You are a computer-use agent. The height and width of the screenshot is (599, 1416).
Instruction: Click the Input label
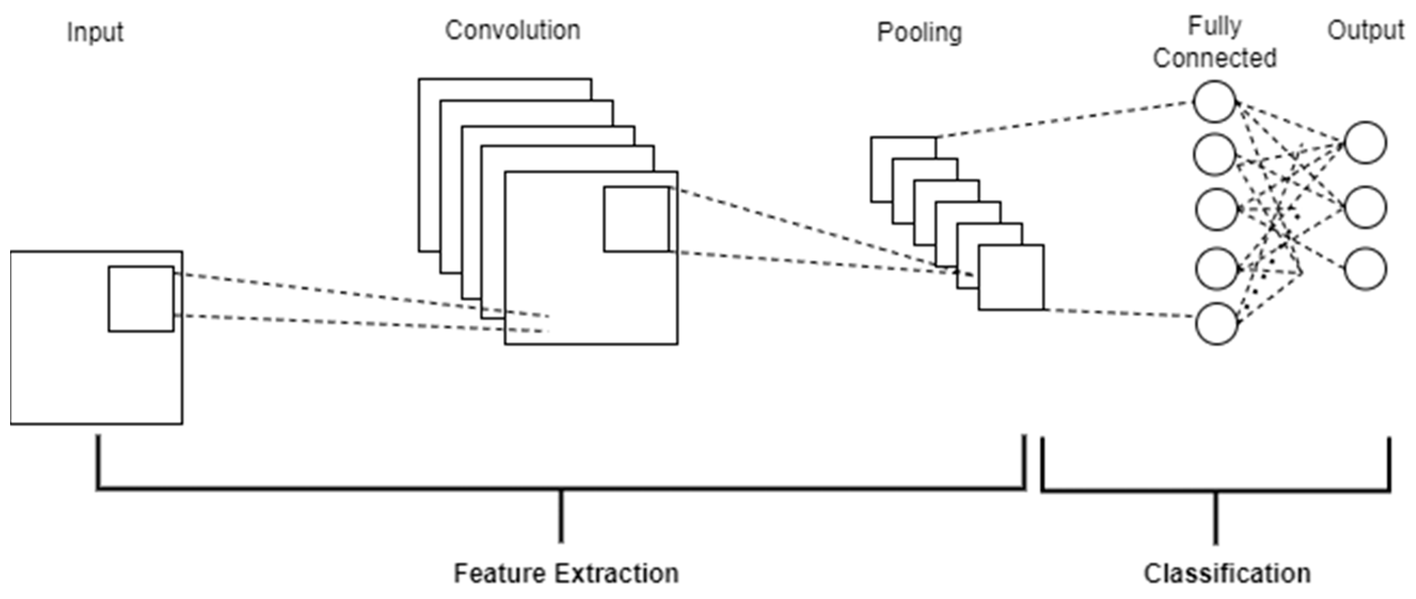coord(95,32)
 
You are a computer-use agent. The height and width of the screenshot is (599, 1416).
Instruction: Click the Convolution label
coord(512,30)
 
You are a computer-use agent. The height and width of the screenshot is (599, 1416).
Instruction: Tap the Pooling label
coord(919,32)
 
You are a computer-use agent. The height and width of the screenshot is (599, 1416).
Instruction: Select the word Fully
coord(1215,26)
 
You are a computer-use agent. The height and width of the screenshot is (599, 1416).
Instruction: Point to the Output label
coord(1366,30)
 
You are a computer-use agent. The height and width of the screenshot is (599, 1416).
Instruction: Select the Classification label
coord(1227,573)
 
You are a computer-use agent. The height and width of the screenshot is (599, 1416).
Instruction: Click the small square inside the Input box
coord(141,299)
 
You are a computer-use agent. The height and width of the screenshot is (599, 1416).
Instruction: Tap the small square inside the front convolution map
coord(637,220)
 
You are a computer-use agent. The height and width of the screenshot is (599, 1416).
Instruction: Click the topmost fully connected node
coord(1214,102)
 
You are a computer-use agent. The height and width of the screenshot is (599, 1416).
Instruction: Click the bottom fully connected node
coord(1216,323)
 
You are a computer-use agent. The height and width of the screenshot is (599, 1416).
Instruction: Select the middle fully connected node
coord(1216,209)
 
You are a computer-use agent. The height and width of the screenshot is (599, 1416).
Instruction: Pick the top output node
coord(1366,142)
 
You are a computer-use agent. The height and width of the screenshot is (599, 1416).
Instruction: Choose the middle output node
coord(1366,207)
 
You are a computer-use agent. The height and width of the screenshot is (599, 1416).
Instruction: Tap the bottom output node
coord(1366,268)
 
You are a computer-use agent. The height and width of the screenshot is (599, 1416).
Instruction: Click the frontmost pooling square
coord(1010,278)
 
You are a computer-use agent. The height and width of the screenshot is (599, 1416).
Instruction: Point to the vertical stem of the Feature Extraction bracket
coord(561,515)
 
